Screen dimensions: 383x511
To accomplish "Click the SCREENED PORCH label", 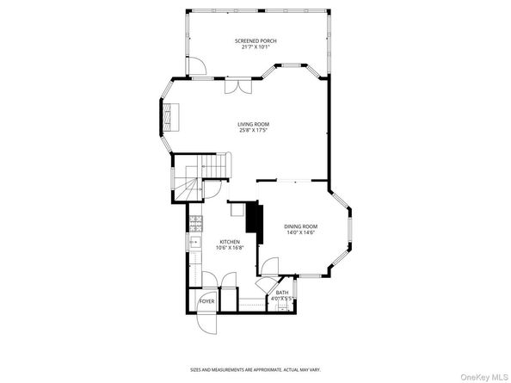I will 255,40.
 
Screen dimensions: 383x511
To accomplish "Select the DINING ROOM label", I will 300,226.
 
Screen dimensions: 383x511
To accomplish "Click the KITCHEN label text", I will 230,242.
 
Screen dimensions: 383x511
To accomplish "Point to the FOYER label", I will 206,302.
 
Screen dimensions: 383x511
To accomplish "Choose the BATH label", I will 282,293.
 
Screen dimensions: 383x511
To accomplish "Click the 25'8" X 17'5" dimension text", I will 254,131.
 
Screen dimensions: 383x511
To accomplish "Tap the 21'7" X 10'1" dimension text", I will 255,47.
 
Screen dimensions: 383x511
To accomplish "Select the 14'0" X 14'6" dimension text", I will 300,233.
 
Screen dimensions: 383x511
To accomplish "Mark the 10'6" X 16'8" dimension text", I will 230,249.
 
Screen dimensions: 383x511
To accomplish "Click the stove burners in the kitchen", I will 195,222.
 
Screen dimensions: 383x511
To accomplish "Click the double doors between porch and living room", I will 237,87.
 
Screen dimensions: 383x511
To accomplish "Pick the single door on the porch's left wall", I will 196,65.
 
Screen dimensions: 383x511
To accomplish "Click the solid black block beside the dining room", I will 254,218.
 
